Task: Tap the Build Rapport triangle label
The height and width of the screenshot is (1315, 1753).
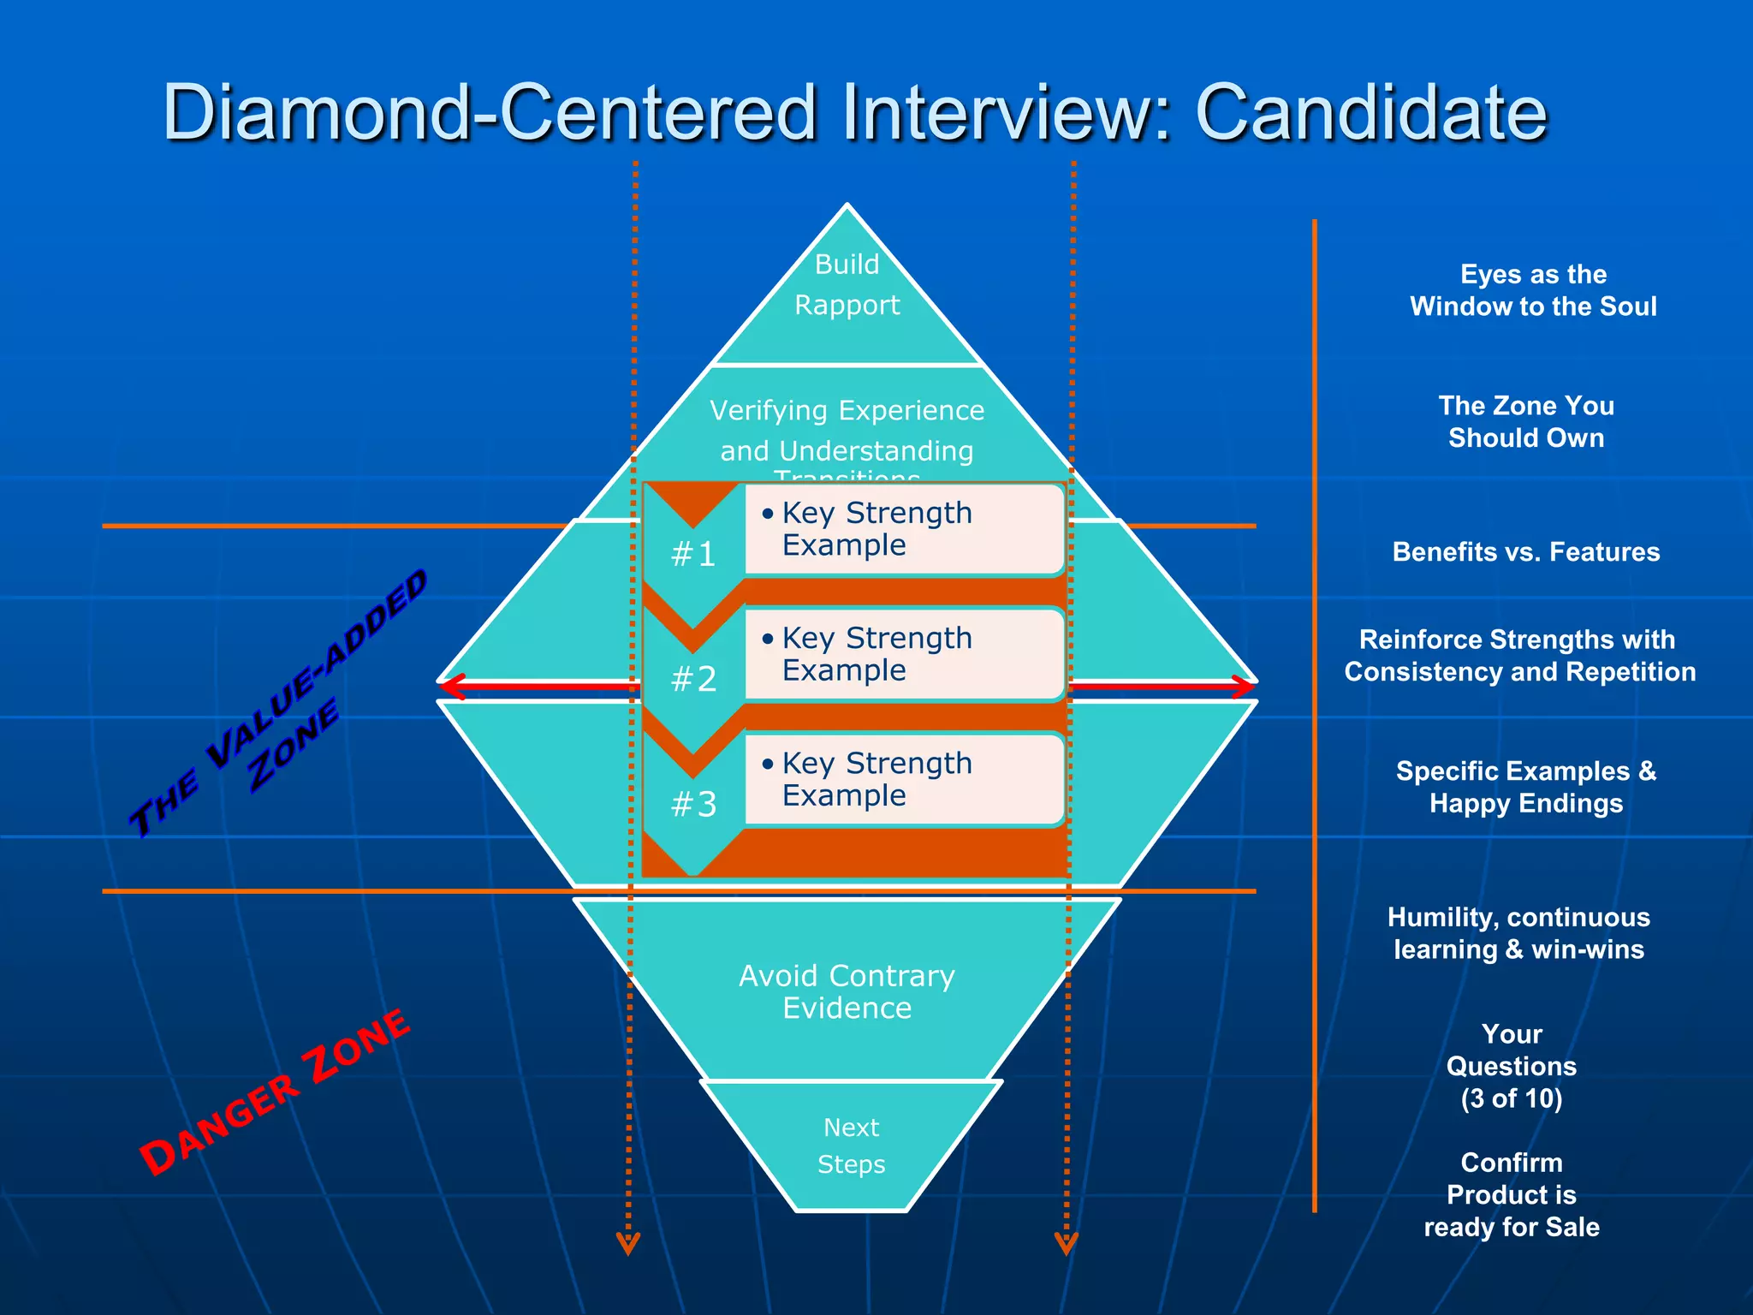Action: (847, 285)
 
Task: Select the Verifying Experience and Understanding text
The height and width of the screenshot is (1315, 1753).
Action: (847, 431)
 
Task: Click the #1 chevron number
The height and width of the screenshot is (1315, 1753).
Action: (693, 555)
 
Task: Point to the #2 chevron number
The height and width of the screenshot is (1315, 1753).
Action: (693, 680)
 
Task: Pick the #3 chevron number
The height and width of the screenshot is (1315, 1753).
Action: (693, 805)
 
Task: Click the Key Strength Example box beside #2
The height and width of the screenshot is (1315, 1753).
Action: (903, 654)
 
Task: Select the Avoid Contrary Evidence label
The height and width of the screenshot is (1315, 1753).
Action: (847, 992)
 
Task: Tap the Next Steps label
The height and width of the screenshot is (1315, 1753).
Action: (851, 1145)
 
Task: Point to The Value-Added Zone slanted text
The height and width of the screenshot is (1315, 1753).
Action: (278, 702)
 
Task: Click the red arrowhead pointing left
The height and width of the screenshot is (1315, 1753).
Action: (451, 687)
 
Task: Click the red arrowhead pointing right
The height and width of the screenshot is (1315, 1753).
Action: (1245, 687)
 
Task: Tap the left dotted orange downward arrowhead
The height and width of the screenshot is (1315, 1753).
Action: (628, 1243)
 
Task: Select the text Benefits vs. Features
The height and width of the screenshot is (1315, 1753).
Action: (1526, 552)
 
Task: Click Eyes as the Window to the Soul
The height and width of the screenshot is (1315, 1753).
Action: (1533, 290)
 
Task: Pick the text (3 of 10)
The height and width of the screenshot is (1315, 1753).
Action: (1512, 1098)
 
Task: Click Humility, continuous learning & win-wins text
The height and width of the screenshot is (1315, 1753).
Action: (1518, 933)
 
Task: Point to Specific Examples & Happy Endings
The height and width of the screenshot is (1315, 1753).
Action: (1526, 788)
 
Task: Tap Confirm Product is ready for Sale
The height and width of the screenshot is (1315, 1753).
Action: (1512, 1195)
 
